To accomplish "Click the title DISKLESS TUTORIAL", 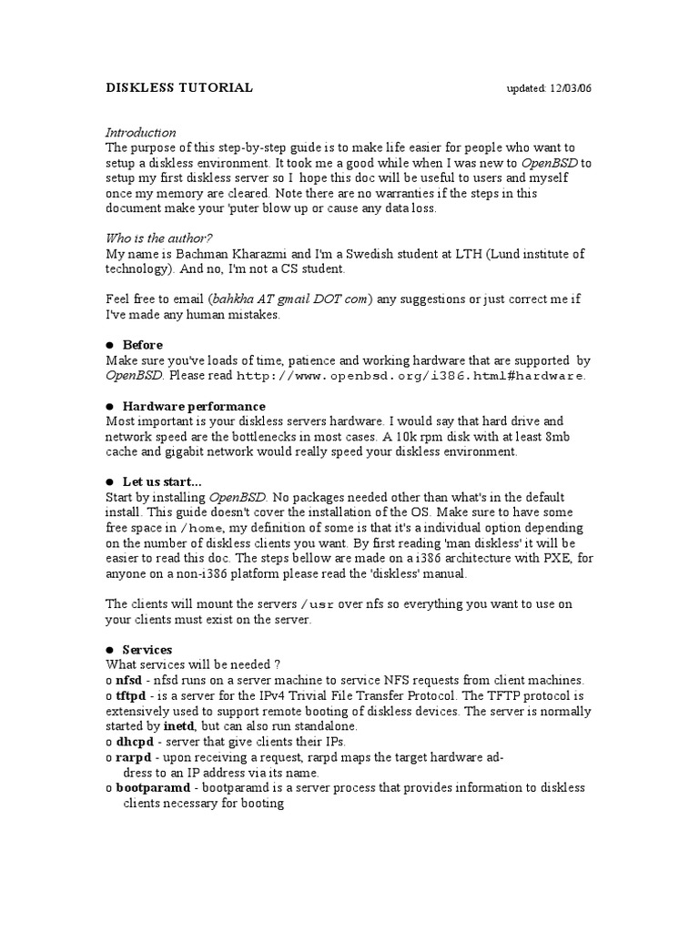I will (179, 88).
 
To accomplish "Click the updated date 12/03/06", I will (571, 89).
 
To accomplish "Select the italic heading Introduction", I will (140, 133).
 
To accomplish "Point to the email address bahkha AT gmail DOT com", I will (290, 299).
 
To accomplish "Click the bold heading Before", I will (143, 345).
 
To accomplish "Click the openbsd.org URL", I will (411, 376).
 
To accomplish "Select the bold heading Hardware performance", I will (194, 406).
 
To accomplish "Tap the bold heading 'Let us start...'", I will (162, 481).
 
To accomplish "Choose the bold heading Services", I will (147, 650).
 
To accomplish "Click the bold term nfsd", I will (129, 681).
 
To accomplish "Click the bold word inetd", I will (178, 726).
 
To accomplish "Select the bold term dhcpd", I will (133, 742).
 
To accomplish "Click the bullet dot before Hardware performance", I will (110, 406).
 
